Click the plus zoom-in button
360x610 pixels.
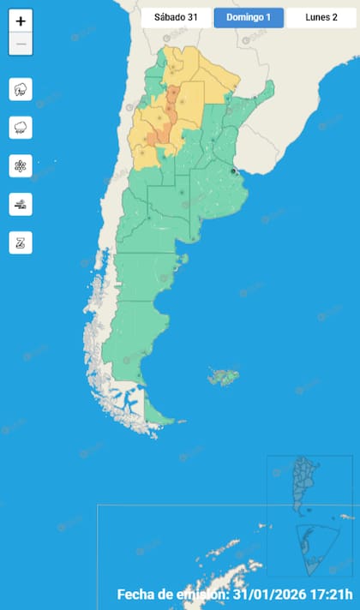[x=21, y=21]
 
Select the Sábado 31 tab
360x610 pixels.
[x=176, y=18]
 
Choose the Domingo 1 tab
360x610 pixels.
[x=249, y=18]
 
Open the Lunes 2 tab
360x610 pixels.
[x=321, y=18]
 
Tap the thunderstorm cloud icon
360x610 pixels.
[x=21, y=89]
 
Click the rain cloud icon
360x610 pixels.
[x=21, y=128]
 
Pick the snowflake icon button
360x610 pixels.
[x=21, y=165]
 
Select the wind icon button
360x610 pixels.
[x=21, y=204]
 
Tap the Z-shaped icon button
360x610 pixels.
[x=21, y=242]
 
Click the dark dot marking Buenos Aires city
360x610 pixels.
[x=233, y=171]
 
